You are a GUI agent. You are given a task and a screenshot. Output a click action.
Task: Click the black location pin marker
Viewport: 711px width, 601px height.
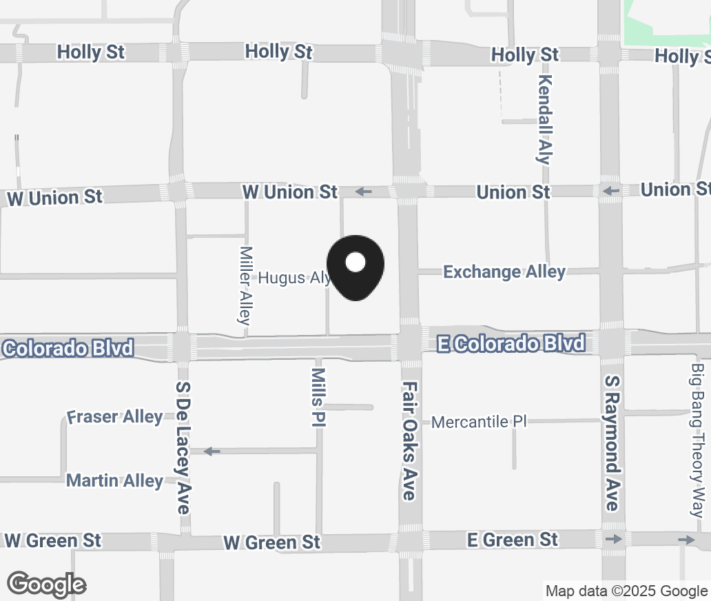coord(355,265)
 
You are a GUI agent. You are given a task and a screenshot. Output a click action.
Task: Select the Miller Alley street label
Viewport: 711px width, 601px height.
coord(245,285)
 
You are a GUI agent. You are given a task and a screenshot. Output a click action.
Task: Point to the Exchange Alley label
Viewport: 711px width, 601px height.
coord(504,272)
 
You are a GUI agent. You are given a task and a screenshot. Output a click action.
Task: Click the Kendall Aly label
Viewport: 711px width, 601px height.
coord(544,119)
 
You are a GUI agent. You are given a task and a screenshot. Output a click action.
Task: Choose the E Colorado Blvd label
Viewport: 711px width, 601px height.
coord(511,343)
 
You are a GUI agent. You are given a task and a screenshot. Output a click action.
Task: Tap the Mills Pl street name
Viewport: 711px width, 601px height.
coord(318,397)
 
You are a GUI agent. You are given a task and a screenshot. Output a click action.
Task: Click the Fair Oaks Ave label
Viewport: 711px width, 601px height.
coord(409,441)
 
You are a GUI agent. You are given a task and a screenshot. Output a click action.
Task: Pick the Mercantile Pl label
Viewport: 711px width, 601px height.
coord(479,422)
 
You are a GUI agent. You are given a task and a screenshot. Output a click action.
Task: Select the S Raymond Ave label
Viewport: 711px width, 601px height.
coord(611,442)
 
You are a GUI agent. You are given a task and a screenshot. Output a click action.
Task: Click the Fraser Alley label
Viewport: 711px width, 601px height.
coord(115,417)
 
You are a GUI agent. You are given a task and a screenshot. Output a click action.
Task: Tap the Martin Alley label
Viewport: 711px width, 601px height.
coord(115,480)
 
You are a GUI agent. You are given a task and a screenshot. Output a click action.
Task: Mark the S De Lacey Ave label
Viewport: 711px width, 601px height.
coord(183,447)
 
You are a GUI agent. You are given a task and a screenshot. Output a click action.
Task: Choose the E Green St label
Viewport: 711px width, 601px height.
coord(513,539)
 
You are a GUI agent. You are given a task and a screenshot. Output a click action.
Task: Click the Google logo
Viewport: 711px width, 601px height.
coord(47,584)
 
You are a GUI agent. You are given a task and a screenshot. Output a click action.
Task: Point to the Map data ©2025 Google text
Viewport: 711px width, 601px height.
coord(626,591)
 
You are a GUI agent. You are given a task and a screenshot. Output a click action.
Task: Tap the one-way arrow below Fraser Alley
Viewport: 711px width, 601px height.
coord(212,451)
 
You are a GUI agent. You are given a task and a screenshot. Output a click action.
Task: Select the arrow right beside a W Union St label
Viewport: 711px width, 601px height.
coord(364,192)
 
